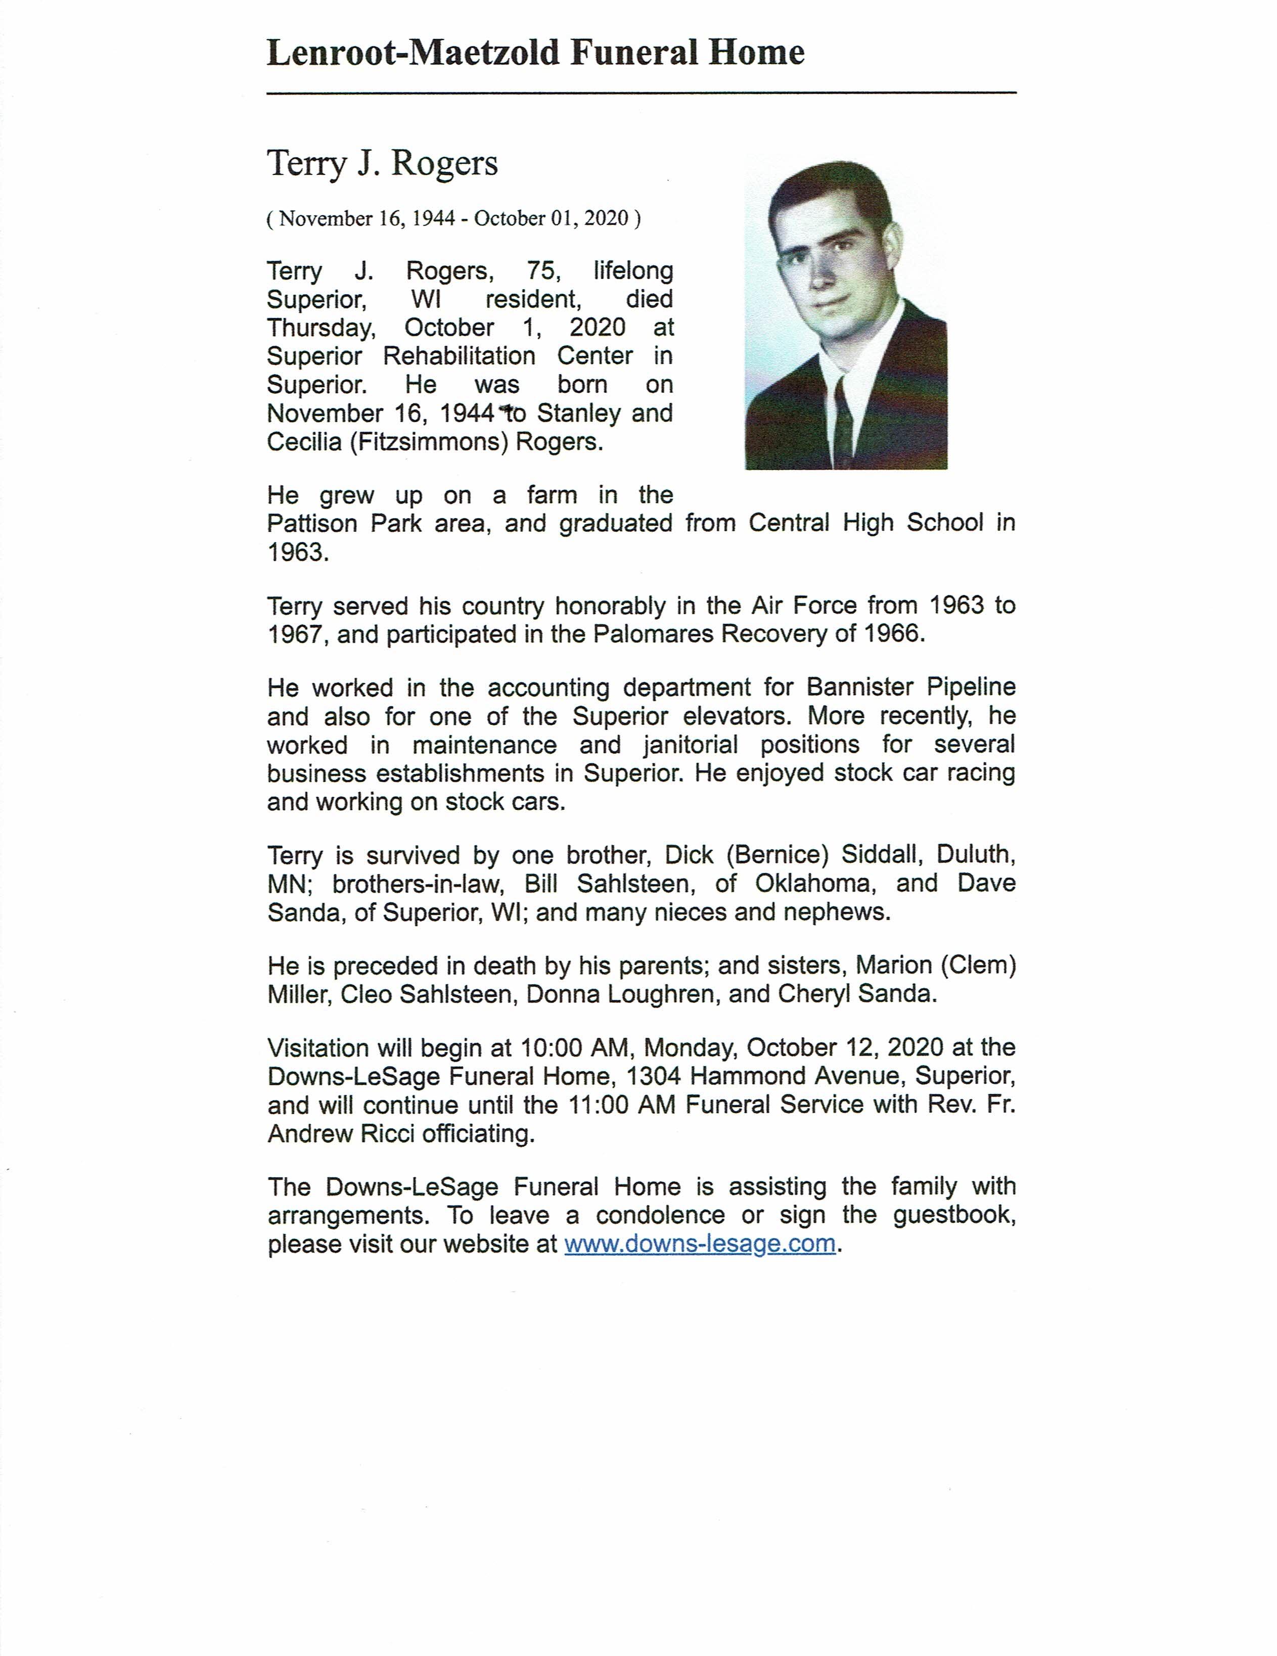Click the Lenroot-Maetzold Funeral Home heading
[535, 53]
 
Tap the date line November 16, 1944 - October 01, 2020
[453, 219]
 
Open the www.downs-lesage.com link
[700, 1245]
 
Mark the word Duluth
[975, 855]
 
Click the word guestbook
[954, 1215]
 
